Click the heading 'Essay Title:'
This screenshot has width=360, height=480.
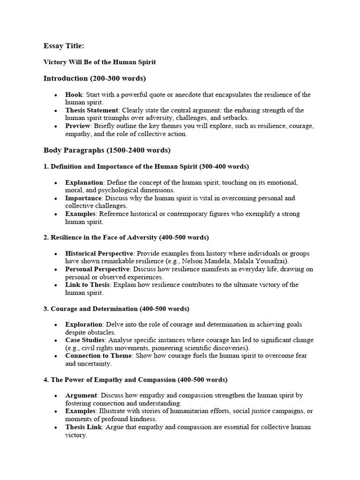point(64,45)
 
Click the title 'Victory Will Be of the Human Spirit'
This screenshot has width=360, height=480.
point(99,62)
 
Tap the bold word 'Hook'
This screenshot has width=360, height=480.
point(74,95)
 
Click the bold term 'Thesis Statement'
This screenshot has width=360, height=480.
point(92,110)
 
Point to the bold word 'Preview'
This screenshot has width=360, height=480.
point(78,126)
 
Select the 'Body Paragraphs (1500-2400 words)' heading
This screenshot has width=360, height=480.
point(107,150)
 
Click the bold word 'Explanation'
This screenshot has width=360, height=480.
point(84,182)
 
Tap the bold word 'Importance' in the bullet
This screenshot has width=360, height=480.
point(83,198)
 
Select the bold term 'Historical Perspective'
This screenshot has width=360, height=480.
point(99,254)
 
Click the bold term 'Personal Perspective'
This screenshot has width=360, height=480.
point(97,269)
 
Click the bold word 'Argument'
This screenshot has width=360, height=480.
point(81,396)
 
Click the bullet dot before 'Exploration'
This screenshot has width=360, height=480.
point(56,325)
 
